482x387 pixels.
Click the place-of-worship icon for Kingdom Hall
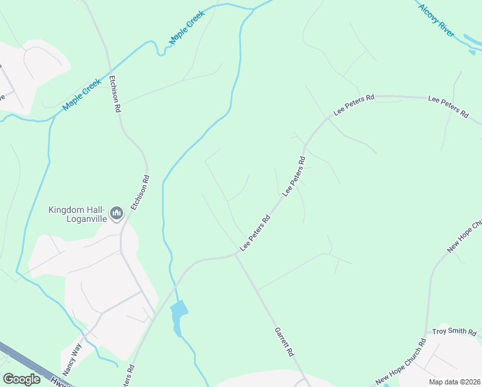[117, 213]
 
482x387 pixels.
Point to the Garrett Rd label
[284, 341]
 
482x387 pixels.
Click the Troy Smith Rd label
[454, 332]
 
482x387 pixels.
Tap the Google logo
[21, 379]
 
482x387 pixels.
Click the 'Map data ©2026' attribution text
[454, 382]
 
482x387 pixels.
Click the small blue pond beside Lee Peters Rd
[178, 312]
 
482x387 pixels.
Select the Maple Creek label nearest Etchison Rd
[82, 95]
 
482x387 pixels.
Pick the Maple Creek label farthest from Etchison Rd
[186, 28]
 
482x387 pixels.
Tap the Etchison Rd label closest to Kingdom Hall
[140, 193]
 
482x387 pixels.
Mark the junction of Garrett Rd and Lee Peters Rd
[236, 255]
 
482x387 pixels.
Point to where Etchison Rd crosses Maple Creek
[111, 69]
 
